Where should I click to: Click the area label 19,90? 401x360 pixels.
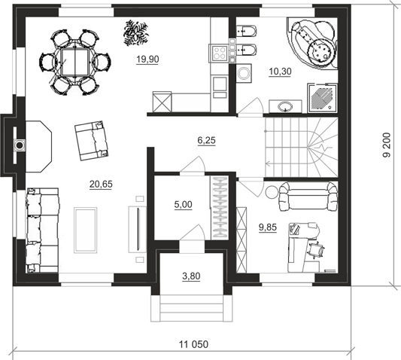click(x=147, y=59)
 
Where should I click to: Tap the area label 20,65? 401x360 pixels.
click(x=101, y=184)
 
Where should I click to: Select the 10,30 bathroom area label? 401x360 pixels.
click(x=280, y=72)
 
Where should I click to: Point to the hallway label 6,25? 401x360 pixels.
click(x=207, y=140)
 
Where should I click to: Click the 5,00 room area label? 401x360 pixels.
click(x=183, y=205)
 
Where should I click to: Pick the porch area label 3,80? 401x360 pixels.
click(x=191, y=276)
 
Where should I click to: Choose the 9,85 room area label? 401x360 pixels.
click(x=268, y=227)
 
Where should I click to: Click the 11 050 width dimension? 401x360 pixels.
click(x=193, y=344)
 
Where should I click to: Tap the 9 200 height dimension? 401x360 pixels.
click(x=387, y=145)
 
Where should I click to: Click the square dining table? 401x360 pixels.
click(x=75, y=63)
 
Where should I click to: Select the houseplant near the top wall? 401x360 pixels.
click(x=135, y=33)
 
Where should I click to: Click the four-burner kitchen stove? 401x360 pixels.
click(x=220, y=53)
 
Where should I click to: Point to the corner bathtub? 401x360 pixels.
click(x=312, y=43)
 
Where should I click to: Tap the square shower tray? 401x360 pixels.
click(x=323, y=98)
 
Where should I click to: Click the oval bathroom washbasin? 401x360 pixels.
click(x=285, y=105)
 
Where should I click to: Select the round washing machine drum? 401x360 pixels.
click(x=243, y=73)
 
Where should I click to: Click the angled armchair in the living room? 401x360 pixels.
click(x=92, y=141)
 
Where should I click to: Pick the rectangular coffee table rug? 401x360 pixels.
click(x=86, y=230)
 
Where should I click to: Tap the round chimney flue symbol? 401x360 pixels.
click(x=20, y=145)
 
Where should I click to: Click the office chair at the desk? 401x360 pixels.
click(x=316, y=249)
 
